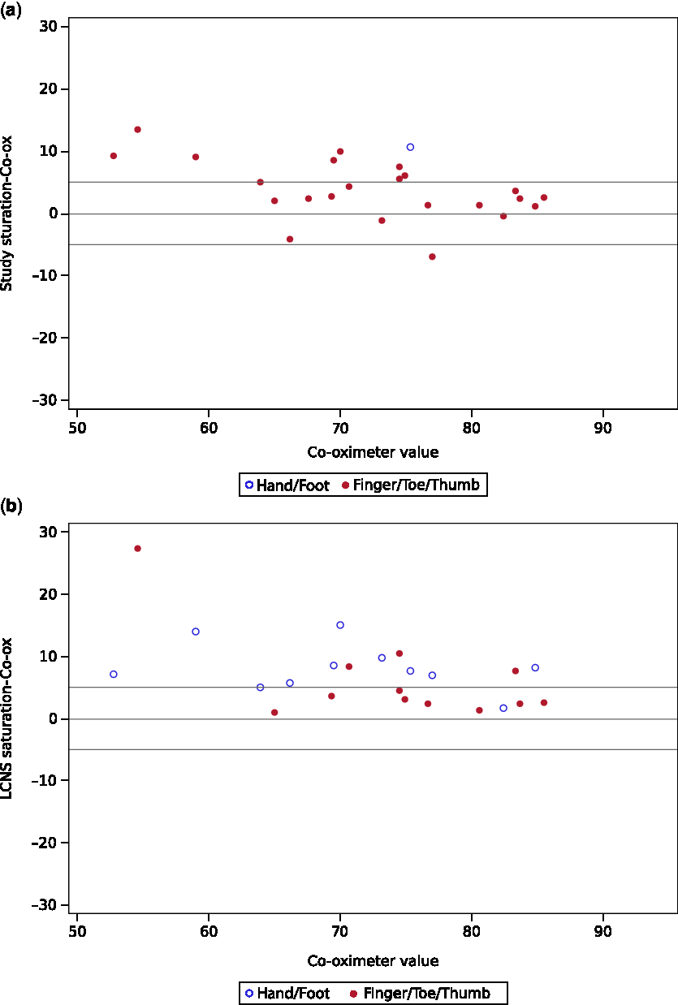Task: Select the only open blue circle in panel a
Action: (x=410, y=147)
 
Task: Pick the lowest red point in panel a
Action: (x=432, y=257)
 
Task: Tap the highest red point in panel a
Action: (x=137, y=130)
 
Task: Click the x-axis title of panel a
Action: (x=373, y=452)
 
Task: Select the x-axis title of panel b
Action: (x=373, y=961)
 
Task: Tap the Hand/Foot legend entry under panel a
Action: (x=287, y=485)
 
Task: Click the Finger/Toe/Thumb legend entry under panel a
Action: (x=412, y=485)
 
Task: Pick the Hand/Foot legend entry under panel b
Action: (x=287, y=993)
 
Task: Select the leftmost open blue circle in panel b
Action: (x=114, y=675)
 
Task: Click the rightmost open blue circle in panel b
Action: (x=535, y=668)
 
